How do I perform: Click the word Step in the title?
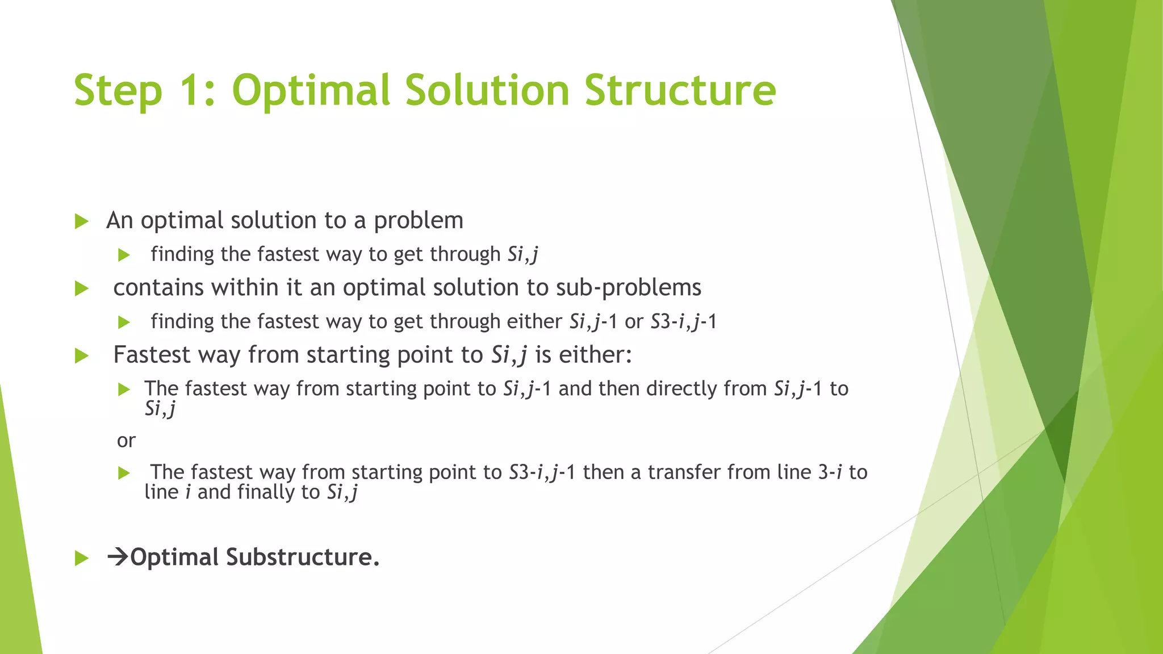[118, 91]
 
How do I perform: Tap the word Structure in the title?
[680, 91]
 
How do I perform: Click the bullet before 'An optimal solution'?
[82, 221]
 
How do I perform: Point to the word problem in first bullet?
[418, 221]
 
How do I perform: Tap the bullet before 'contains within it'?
[82, 289]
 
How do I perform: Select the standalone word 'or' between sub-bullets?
[126, 441]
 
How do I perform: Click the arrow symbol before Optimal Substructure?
[118, 557]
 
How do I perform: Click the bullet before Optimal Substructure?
[82, 559]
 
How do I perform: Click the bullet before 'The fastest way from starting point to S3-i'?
[124, 473]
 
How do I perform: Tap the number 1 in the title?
[190, 91]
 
